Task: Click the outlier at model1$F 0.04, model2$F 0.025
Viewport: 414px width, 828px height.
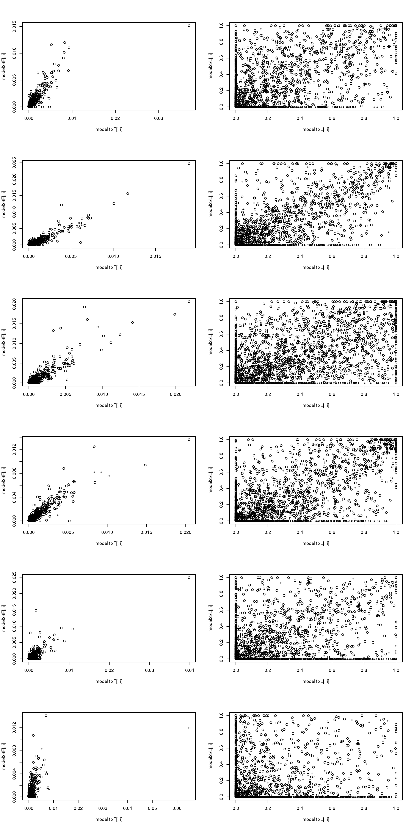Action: pos(189,578)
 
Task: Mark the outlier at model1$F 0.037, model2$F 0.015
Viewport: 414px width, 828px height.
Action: pos(189,26)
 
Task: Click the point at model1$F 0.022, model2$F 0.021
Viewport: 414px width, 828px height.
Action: pos(189,301)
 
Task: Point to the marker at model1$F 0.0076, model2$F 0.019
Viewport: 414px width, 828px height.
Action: pos(85,307)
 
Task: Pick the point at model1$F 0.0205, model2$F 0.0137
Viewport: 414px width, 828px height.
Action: pos(189,440)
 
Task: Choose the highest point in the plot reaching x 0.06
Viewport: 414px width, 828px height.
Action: pos(46,715)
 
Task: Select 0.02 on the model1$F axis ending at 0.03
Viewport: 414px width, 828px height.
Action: pos(115,118)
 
